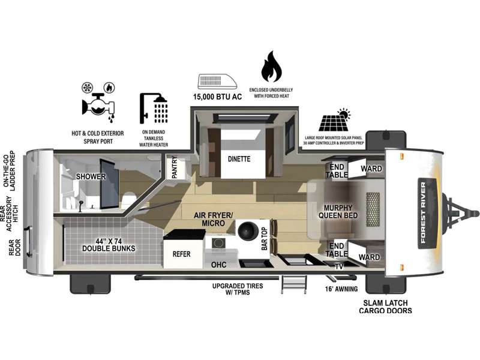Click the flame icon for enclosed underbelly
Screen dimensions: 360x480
click(272, 67)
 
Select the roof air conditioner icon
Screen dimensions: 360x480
click(216, 81)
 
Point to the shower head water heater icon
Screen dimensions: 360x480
click(153, 109)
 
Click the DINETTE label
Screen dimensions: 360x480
click(238, 159)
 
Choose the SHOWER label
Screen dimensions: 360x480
click(91, 176)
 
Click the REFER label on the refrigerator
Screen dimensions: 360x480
click(181, 254)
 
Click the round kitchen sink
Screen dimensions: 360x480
click(247, 230)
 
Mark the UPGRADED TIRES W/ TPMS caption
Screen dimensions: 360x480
click(230, 289)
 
